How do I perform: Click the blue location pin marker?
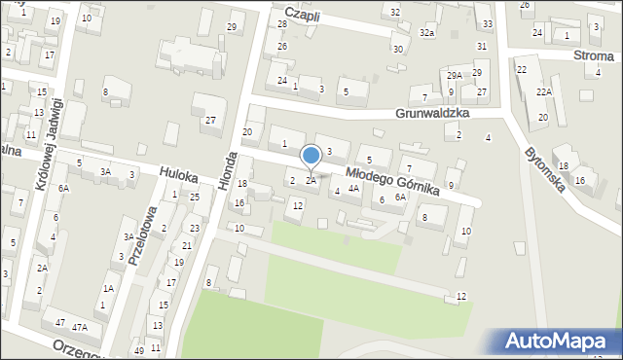(x=311, y=156)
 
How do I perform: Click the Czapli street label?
(x=298, y=18)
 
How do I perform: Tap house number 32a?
(x=426, y=33)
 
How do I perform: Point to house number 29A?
(x=454, y=75)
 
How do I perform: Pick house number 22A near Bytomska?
(x=543, y=91)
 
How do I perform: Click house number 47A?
(x=80, y=327)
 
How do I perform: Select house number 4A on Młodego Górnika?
(x=353, y=189)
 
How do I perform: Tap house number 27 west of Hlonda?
(x=210, y=120)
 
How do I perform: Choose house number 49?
(x=139, y=350)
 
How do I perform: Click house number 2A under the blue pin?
(x=311, y=180)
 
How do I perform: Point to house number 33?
(x=487, y=23)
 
